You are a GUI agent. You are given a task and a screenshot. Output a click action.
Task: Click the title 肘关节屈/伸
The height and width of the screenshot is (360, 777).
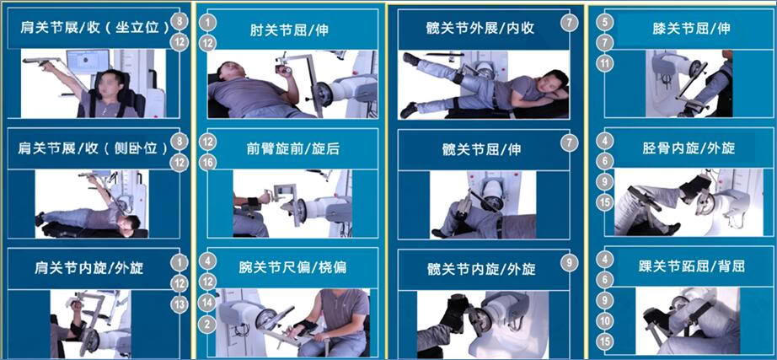[x=289, y=30]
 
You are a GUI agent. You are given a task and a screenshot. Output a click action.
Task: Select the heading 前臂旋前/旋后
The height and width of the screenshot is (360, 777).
[x=293, y=148]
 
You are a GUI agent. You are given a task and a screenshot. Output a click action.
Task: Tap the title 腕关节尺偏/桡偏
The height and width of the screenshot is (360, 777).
[x=292, y=267]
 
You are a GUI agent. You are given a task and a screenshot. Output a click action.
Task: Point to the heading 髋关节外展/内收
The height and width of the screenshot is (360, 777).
[x=480, y=28]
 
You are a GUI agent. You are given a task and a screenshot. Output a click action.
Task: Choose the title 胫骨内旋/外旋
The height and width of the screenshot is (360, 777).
[x=689, y=148]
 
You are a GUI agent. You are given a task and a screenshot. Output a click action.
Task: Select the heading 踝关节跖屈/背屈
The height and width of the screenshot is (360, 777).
[x=692, y=266]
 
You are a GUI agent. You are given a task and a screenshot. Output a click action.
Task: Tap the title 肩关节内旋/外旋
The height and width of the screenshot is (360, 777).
[x=88, y=268]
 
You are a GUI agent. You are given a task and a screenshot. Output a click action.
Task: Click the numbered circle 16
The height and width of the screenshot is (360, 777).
[x=209, y=163]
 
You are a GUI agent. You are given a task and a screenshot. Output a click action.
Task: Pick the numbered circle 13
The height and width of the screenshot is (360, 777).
[x=179, y=304]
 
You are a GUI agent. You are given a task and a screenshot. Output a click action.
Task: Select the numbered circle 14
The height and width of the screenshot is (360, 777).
[x=209, y=302]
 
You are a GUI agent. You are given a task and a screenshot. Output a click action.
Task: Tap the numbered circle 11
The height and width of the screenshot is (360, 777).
[x=605, y=63]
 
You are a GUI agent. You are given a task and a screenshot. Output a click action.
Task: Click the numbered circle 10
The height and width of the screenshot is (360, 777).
[x=605, y=321]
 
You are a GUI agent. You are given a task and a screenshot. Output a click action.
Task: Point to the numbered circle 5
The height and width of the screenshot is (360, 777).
[x=605, y=22]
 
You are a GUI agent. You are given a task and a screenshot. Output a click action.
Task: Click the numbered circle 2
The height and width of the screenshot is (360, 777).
[x=209, y=325]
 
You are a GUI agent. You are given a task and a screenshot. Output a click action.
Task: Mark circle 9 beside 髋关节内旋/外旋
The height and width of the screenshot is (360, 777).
[x=570, y=262]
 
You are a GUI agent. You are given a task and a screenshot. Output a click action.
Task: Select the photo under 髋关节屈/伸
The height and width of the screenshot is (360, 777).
[x=483, y=204]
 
